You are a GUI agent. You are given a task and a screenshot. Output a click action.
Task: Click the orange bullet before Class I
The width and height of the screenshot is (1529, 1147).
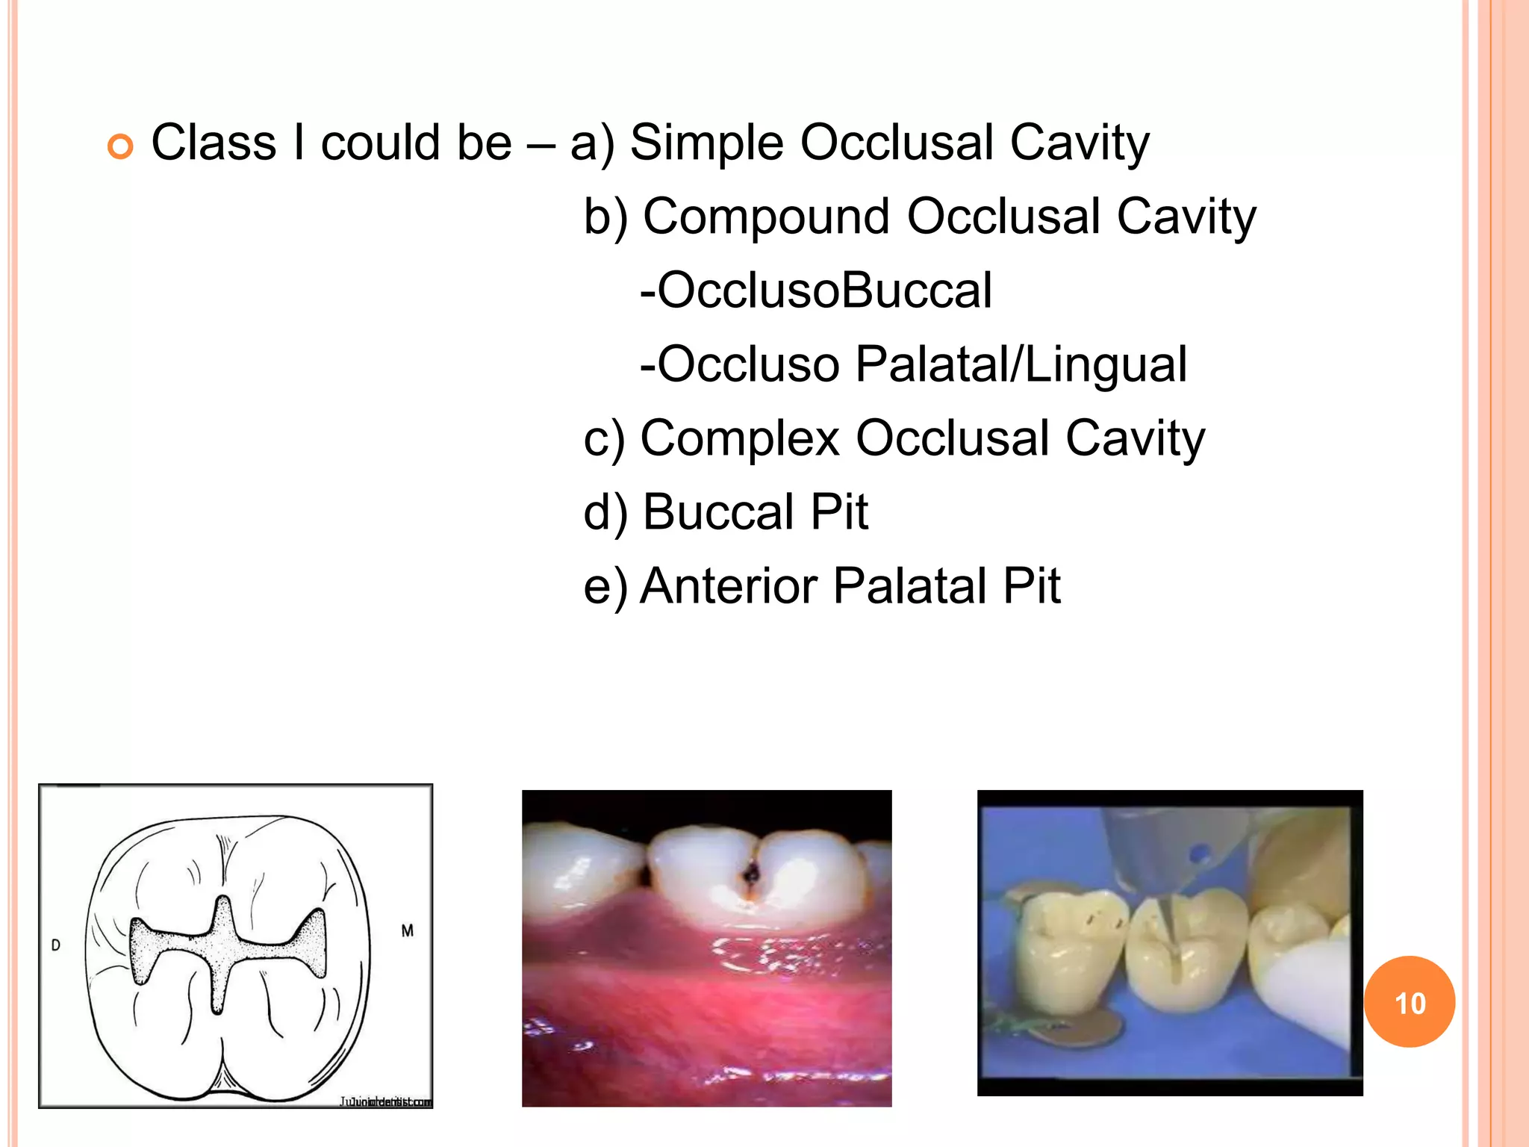click(119, 146)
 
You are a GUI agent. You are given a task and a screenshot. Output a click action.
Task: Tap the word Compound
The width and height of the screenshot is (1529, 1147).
click(766, 217)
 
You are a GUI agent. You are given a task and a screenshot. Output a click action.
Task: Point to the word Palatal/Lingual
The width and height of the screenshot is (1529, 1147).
click(1021, 364)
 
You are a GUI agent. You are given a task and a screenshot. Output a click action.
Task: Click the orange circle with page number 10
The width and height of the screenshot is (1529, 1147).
click(1409, 1001)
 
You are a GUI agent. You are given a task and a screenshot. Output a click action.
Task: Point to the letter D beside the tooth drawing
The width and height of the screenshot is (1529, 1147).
click(56, 945)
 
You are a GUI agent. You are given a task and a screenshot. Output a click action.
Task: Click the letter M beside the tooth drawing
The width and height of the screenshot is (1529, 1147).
click(407, 930)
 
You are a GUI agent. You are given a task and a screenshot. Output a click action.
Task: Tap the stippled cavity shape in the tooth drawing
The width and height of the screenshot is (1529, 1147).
click(224, 948)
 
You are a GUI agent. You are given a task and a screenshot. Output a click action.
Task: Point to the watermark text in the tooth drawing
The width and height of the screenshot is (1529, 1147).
click(386, 1101)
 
